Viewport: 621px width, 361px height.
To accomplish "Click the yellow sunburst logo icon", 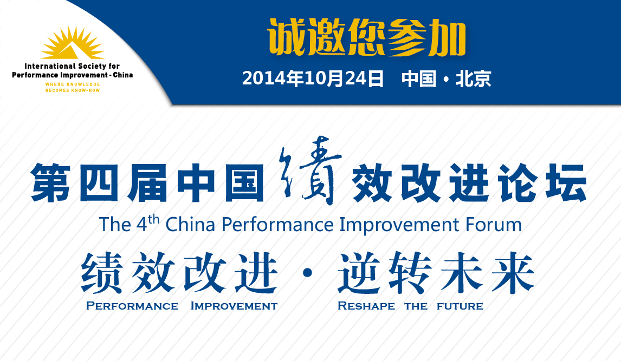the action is [73, 43].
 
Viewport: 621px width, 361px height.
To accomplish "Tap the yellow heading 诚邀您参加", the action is [367, 38].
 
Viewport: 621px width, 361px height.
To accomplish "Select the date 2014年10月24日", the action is [313, 78].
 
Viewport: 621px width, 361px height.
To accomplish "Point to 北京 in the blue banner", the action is [473, 78].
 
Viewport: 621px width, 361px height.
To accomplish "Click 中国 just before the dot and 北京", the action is [419, 78].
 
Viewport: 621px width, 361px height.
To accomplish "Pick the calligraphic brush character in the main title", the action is [309, 170].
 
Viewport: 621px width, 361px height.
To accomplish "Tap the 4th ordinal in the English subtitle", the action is [148, 224].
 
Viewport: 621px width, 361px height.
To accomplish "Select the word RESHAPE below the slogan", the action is [366, 306].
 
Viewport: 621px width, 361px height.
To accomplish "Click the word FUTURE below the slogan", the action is [460, 306].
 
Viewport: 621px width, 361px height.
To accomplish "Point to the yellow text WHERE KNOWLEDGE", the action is [73, 84].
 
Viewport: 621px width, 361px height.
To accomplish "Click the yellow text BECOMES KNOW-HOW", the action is [73, 90].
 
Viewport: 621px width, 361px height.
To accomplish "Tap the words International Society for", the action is [72, 66].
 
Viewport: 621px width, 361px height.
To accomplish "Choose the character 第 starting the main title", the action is [51, 183].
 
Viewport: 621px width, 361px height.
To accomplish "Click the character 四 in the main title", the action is [99, 183].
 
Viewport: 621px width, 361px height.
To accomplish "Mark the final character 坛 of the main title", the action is [566, 183].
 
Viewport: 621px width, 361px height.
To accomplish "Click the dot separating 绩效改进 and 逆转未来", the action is [307, 273].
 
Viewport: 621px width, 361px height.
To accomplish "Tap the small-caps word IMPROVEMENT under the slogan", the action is [234, 306].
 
